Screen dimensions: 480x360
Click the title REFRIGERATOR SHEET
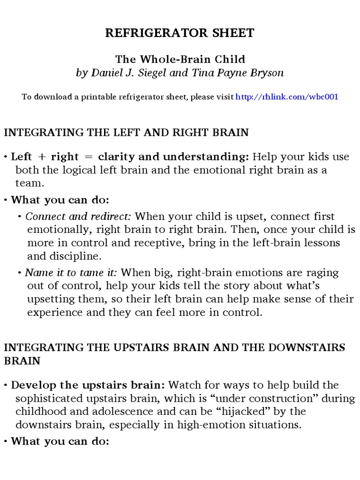click(180, 33)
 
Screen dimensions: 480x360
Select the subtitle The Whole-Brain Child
click(180, 60)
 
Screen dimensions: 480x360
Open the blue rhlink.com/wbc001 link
click(286, 97)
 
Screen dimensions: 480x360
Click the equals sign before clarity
click(87, 157)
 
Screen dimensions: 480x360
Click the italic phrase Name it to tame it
click(71, 273)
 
